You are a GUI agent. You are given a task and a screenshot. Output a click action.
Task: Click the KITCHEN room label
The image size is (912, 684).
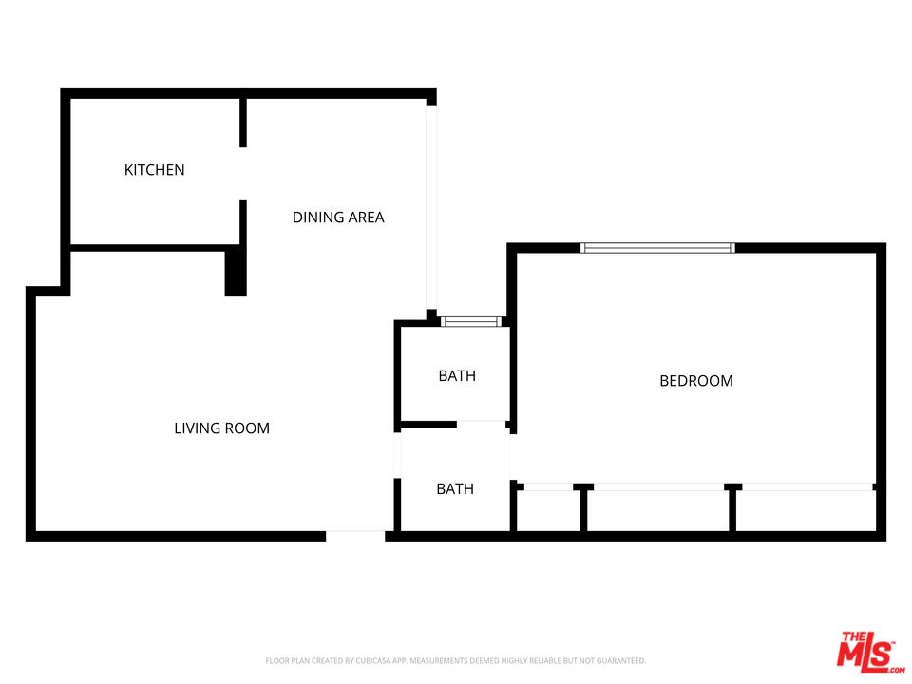click(154, 170)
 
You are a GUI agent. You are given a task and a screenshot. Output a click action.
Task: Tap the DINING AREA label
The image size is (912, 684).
click(338, 218)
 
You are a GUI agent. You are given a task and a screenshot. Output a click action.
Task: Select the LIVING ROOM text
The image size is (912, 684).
click(221, 428)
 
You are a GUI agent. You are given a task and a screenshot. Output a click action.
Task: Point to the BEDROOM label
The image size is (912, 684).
click(696, 381)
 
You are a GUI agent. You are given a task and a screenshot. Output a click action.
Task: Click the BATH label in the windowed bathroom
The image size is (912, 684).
click(457, 376)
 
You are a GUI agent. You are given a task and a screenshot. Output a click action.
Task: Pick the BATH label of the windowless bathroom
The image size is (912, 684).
click(455, 489)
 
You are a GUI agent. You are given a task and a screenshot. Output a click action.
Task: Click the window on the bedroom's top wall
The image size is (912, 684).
click(657, 248)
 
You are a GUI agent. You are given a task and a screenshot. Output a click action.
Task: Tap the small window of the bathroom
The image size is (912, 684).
click(471, 322)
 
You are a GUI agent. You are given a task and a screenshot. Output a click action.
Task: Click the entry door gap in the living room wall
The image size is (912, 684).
click(355, 536)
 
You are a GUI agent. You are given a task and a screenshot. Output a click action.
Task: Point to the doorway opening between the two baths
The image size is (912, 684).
click(482, 424)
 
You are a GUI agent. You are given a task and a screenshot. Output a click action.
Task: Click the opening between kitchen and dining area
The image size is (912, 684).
click(243, 174)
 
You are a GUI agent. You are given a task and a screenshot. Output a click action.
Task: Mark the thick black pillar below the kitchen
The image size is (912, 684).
click(235, 273)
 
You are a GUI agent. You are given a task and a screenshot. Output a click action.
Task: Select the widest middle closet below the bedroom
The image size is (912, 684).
click(657, 511)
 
